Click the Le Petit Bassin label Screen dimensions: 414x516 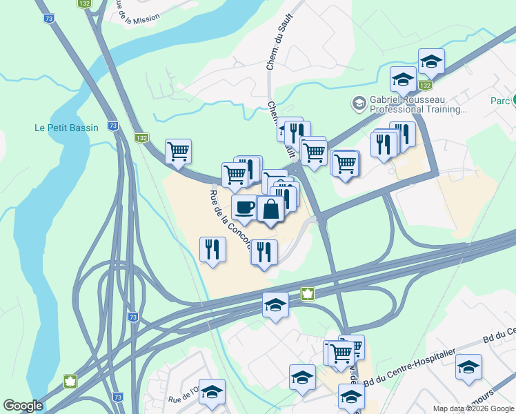pyautogui.click(x=66, y=128)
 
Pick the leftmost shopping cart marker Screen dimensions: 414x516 pyautogui.click(x=179, y=151)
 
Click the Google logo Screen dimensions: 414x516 pyautogui.click(x=23, y=406)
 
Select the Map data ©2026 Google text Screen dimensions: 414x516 pyautogui.click(x=473, y=408)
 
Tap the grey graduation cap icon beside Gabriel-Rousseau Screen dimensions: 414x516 pyautogui.click(x=359, y=103)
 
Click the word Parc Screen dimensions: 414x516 pyautogui.click(x=500, y=101)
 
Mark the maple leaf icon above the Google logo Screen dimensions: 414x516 pyautogui.click(x=70, y=382)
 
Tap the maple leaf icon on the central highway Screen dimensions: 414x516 pyautogui.click(x=307, y=294)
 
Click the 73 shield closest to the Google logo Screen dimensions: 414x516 pyautogui.click(x=118, y=397)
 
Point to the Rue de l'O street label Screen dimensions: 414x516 pyautogui.click(x=183, y=399)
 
